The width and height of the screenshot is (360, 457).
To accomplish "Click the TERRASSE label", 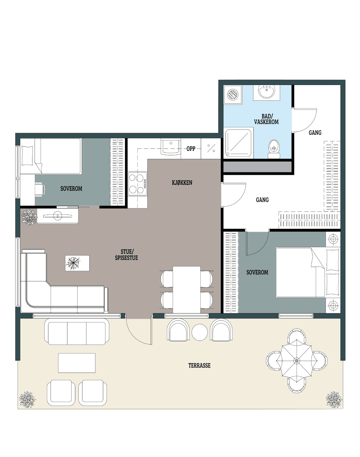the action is click(199, 366).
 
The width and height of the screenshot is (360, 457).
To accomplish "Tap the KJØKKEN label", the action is click(182, 183).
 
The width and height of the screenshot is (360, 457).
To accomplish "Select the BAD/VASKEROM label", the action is click(266, 119).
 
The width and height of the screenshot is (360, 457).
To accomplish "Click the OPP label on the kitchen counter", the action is click(191, 149).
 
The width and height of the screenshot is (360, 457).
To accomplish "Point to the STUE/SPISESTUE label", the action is click(126, 255).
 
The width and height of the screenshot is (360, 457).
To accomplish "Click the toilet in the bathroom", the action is click(274, 149).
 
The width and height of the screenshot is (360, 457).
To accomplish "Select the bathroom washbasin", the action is click(267, 91).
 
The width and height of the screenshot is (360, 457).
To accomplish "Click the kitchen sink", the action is click(171, 147).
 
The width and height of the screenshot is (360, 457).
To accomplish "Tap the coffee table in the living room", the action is click(77, 263).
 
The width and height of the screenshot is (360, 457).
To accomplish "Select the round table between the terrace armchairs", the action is click(199, 332).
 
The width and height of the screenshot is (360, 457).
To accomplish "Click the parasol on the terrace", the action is click(296, 361).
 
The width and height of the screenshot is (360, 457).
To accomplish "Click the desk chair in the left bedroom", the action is click(40, 188).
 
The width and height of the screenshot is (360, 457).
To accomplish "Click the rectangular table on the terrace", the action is click(77, 363).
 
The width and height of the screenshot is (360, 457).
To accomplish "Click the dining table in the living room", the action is click(187, 290).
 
